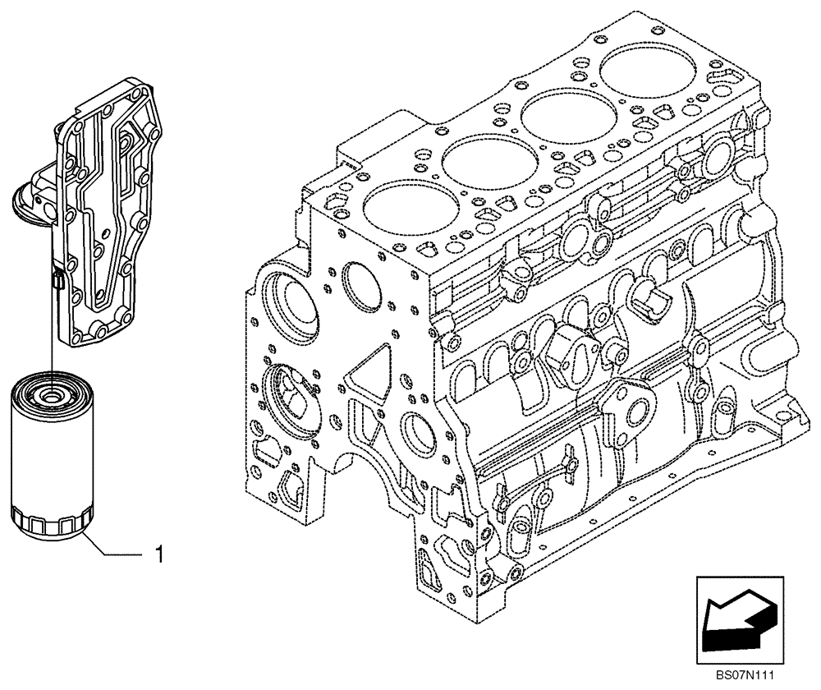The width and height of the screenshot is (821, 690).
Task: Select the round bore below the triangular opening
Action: tap(417, 427)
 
